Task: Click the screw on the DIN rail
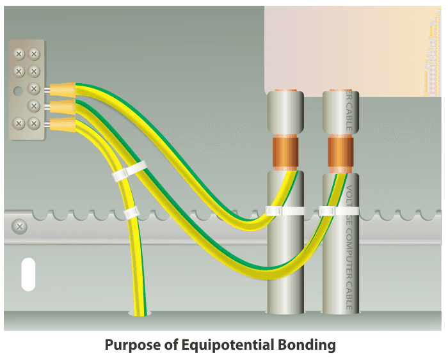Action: pyautogui.click(x=20, y=226)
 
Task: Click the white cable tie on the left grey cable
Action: pyautogui.click(x=284, y=210)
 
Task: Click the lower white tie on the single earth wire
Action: pyautogui.click(x=131, y=212)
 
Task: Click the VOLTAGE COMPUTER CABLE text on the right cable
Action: pyautogui.click(x=349, y=249)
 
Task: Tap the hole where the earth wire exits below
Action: pyautogui.click(x=140, y=313)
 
